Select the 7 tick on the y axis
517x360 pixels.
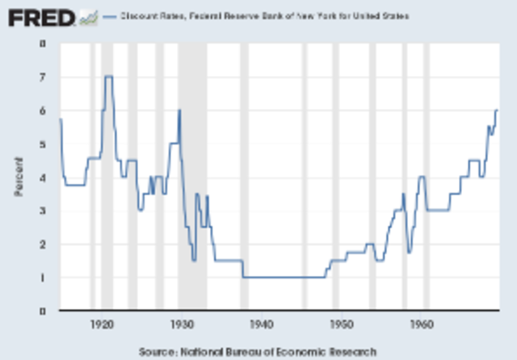click(x=42, y=77)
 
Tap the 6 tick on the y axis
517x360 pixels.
click(x=42, y=111)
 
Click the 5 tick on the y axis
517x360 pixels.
click(x=42, y=144)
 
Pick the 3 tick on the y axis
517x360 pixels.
click(x=42, y=211)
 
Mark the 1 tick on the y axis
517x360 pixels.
click(x=42, y=278)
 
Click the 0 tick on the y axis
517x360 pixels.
click(x=42, y=311)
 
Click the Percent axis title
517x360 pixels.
click(x=17, y=178)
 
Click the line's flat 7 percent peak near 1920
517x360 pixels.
click(x=108, y=77)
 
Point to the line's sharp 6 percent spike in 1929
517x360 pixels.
click(x=179, y=111)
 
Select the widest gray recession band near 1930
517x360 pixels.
click(x=192, y=178)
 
